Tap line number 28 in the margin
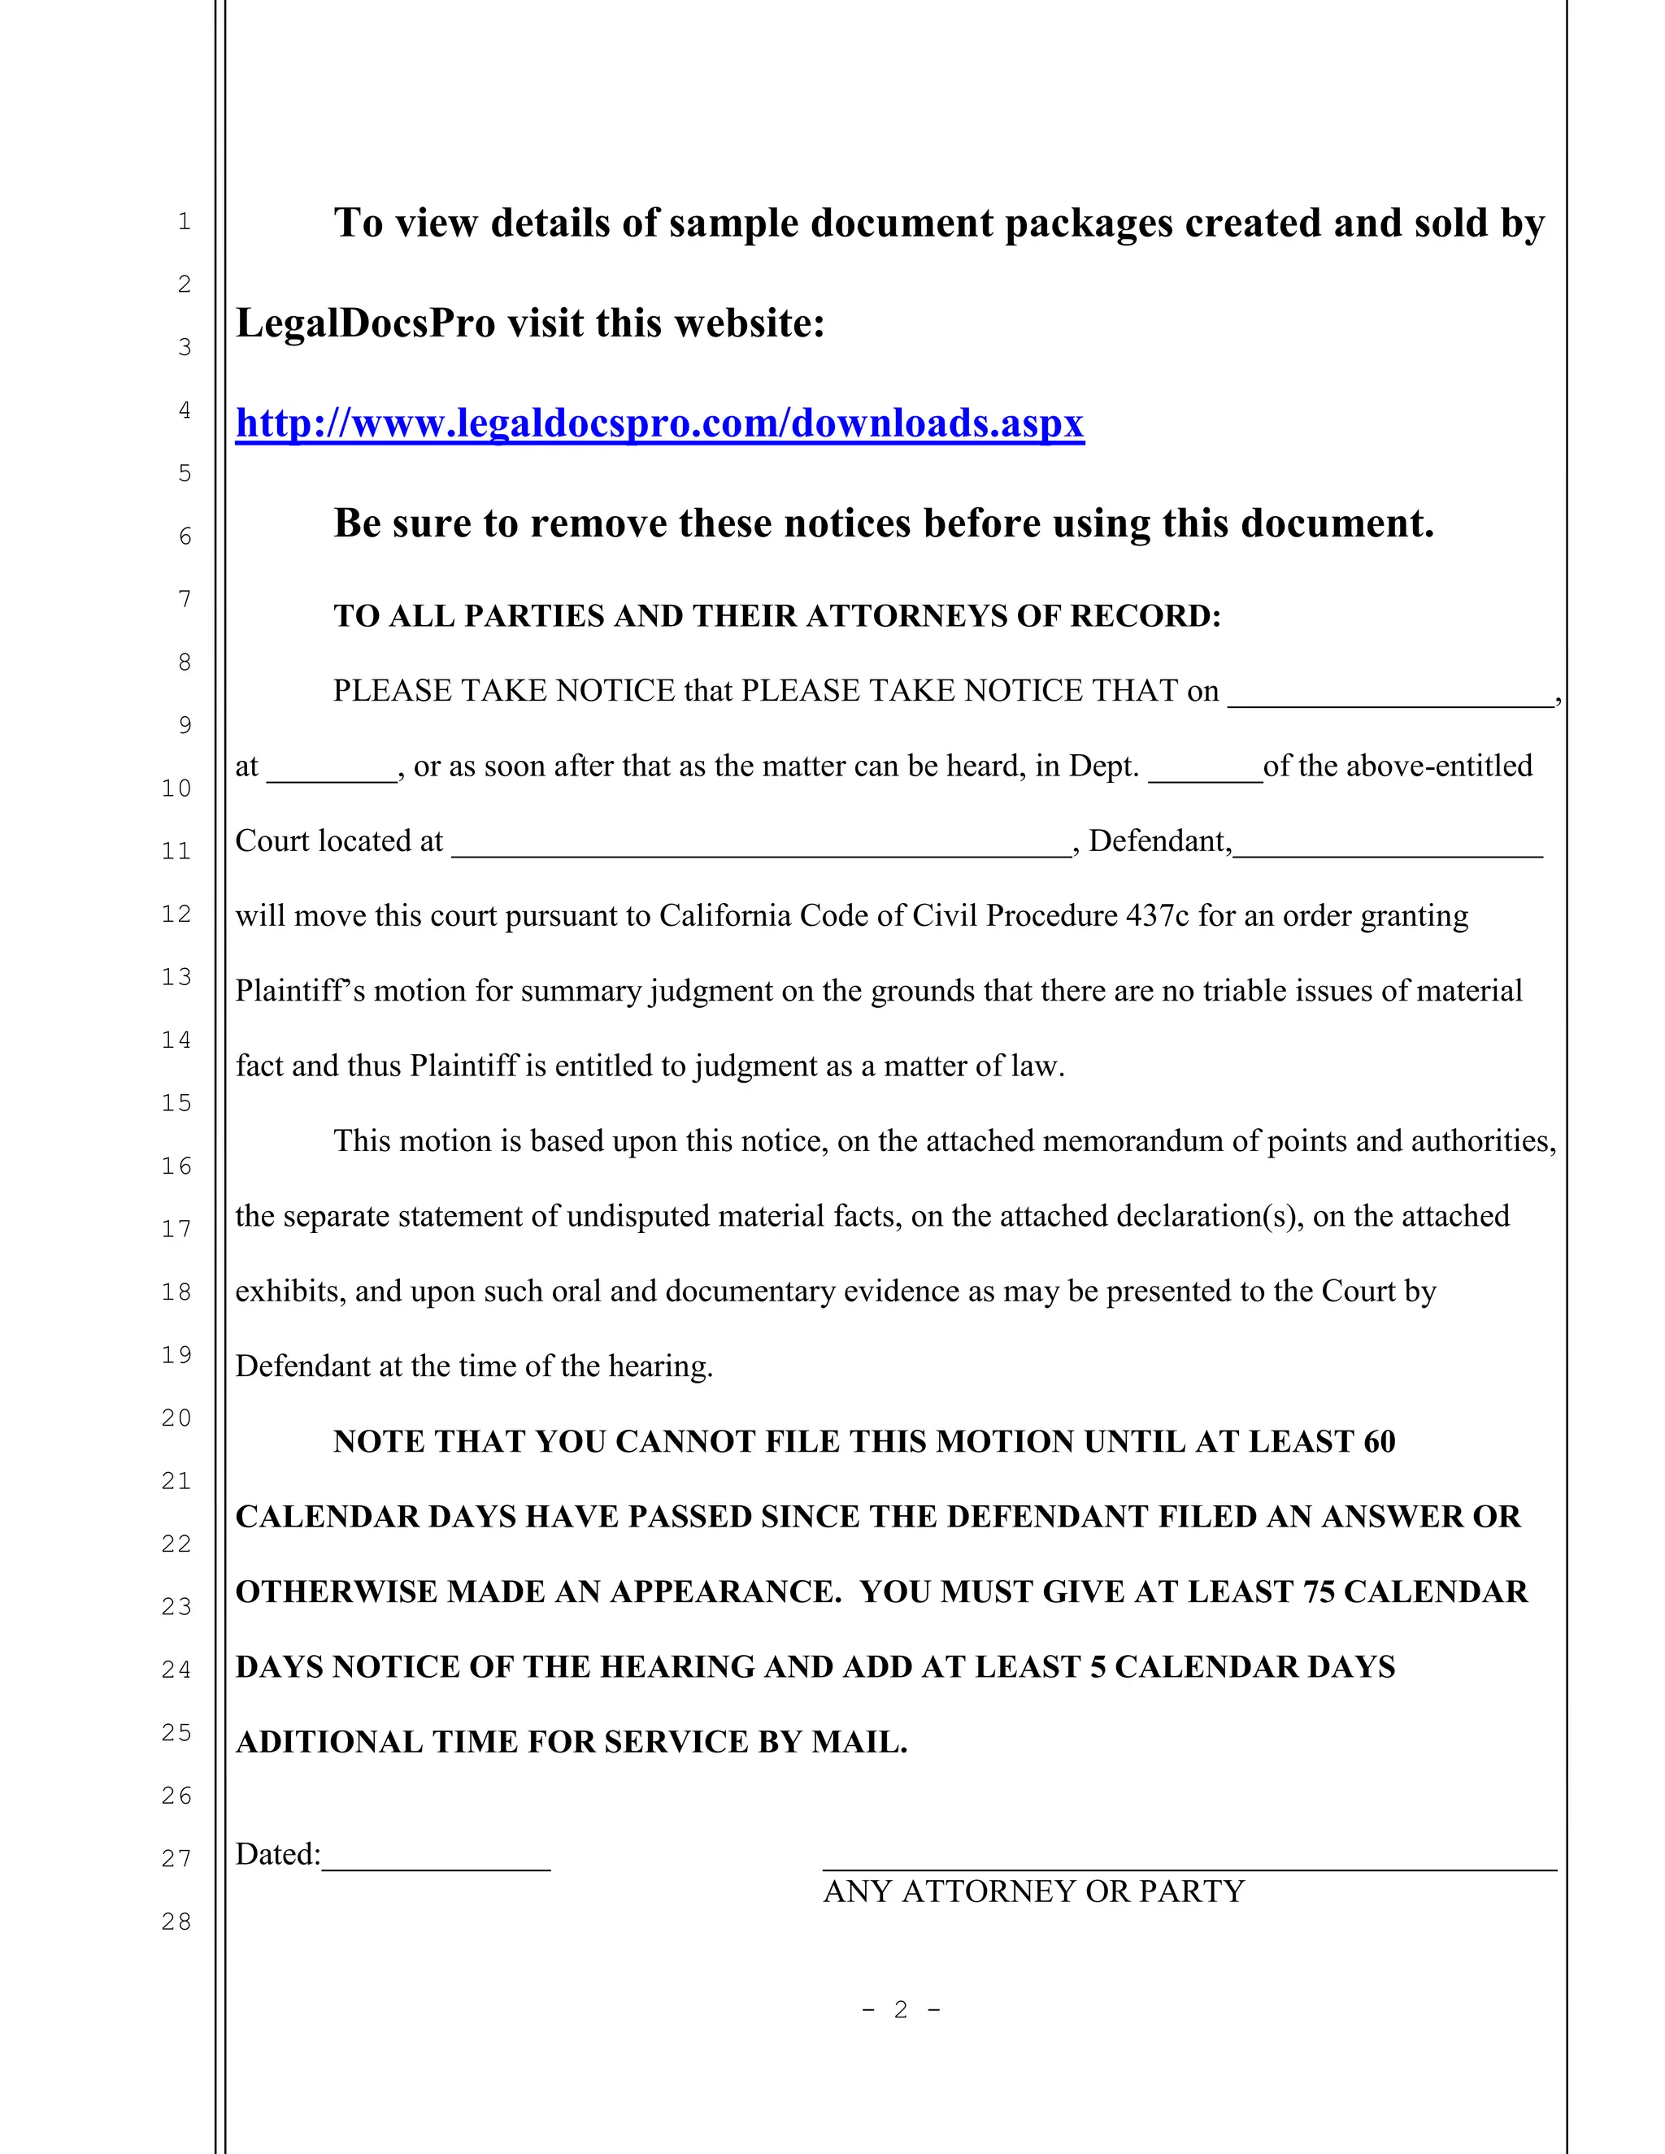click(x=176, y=1922)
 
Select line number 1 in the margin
click(x=185, y=222)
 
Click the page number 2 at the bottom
click(x=901, y=2010)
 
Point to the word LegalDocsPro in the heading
click(x=365, y=324)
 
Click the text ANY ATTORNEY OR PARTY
click(x=1034, y=1891)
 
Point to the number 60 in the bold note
click(x=1379, y=1442)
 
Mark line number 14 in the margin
click(x=176, y=1040)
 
